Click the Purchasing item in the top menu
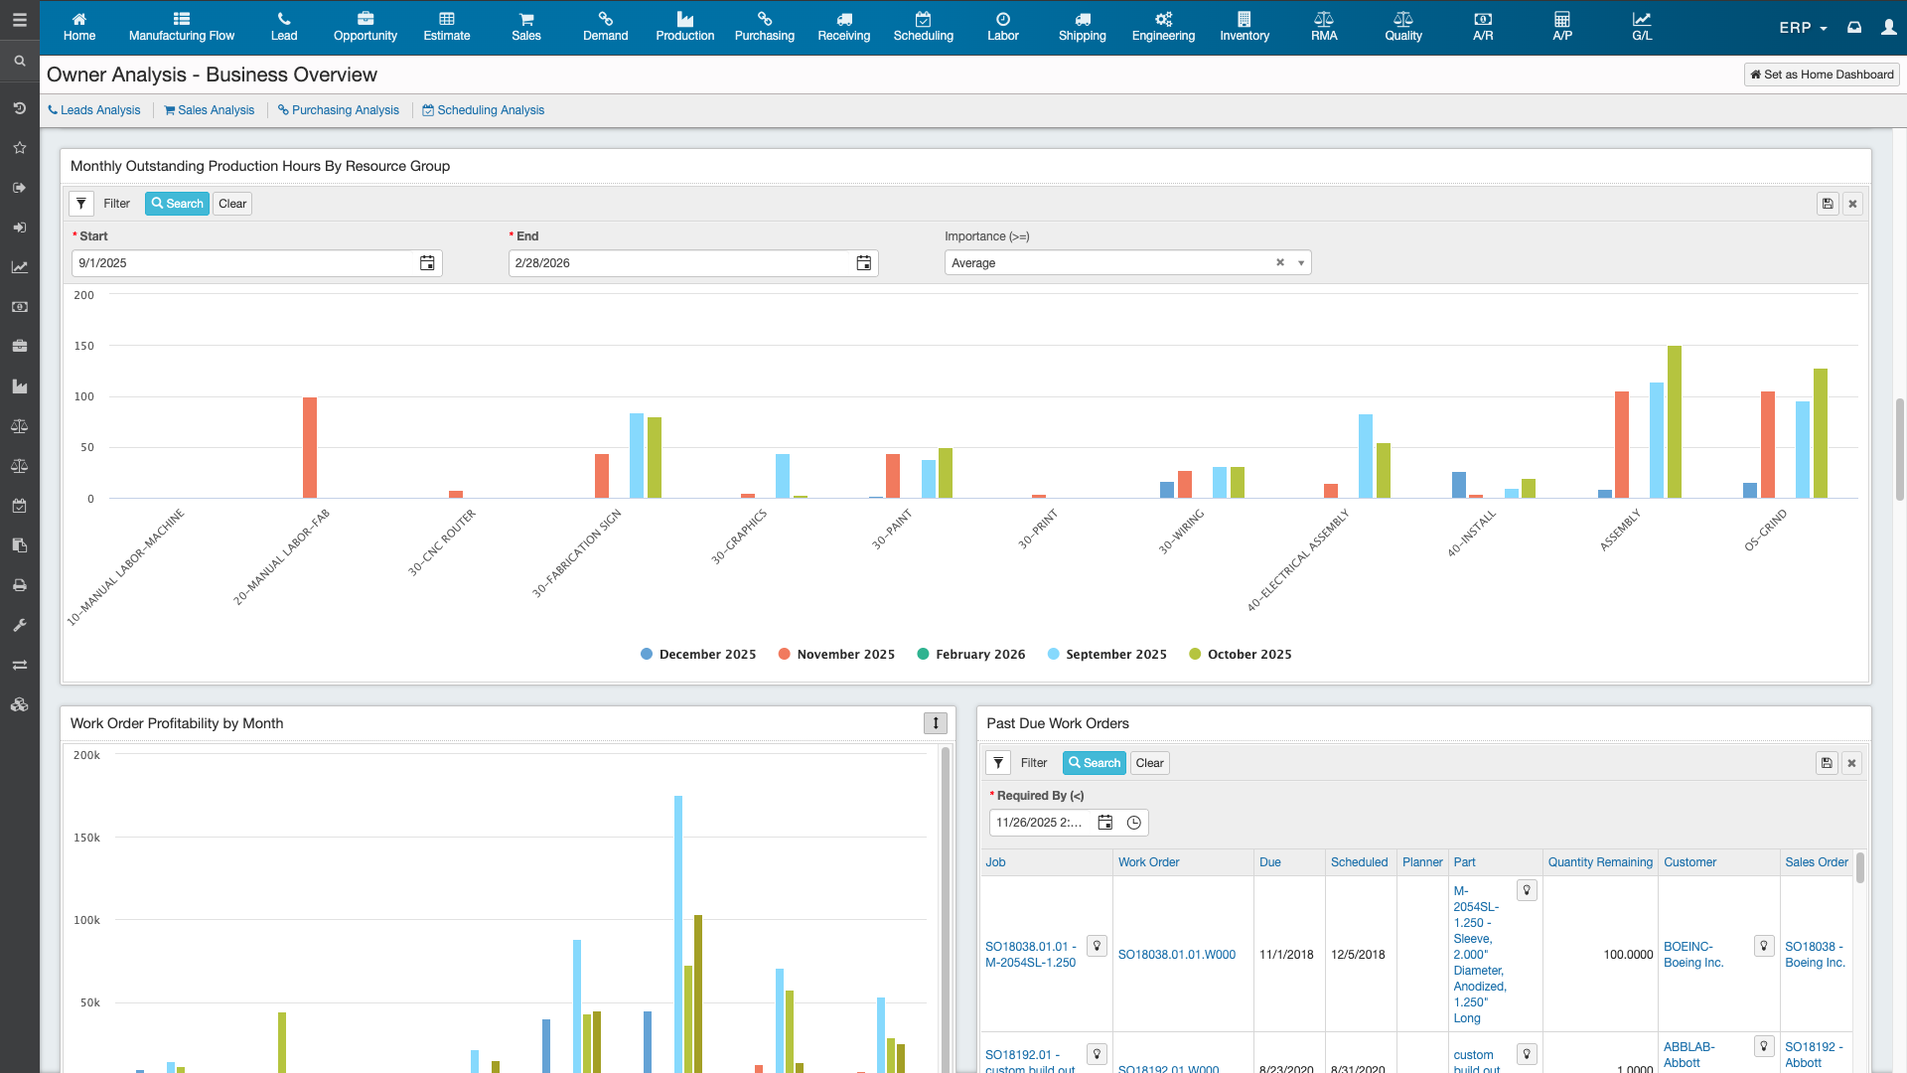(x=764, y=27)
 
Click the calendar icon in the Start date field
(x=427, y=263)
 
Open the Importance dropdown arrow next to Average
(x=1301, y=263)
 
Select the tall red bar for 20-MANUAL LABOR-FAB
(x=310, y=447)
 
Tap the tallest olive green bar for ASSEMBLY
(x=1675, y=422)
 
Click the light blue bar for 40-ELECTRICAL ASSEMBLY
(x=1366, y=456)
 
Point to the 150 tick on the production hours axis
(x=84, y=346)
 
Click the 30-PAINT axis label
(x=892, y=530)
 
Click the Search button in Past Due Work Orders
(x=1095, y=763)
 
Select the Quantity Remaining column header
(x=1600, y=862)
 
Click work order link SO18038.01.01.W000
(x=1177, y=955)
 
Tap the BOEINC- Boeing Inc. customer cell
(x=1693, y=955)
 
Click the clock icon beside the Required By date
(x=1134, y=823)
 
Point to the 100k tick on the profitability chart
(x=87, y=920)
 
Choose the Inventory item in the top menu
(x=1245, y=27)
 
